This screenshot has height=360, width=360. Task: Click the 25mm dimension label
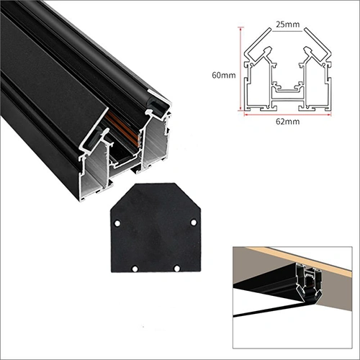[287, 24]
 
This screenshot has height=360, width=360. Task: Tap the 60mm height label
[224, 75]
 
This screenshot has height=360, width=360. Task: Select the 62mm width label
[287, 122]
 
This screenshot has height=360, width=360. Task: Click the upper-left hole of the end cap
[117, 223]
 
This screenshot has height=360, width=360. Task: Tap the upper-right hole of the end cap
[194, 222]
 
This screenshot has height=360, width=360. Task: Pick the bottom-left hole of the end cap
[135, 269]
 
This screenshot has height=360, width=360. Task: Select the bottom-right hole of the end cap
[177, 268]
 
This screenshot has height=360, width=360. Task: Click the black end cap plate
[156, 228]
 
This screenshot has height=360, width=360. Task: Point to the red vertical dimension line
[240, 69]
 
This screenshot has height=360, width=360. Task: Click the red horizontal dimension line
[287, 114]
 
